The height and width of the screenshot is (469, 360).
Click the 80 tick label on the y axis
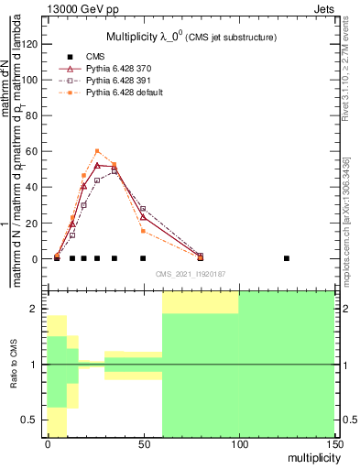tap(35, 115)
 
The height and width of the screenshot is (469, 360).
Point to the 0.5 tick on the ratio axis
tap(33, 420)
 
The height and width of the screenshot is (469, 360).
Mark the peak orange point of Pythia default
tap(97, 151)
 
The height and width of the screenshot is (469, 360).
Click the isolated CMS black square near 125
tap(287, 258)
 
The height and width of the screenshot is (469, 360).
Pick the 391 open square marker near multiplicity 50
tap(143, 209)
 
